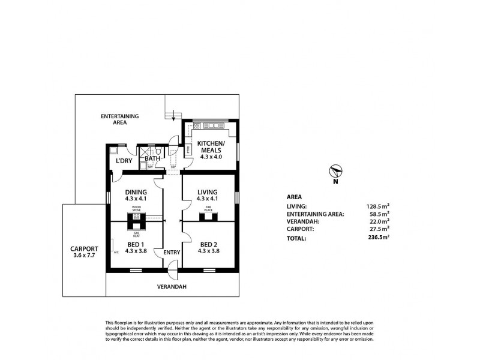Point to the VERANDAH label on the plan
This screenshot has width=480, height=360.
point(173,287)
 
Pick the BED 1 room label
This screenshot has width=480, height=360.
point(136,244)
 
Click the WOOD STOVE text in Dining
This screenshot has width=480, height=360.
point(136,209)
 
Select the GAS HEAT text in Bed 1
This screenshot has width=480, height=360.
point(136,233)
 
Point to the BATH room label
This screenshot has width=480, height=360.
point(152,158)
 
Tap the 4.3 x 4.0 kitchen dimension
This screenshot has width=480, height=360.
point(211,157)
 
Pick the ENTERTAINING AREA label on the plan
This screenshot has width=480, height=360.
point(120,118)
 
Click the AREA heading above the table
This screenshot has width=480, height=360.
point(294,196)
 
